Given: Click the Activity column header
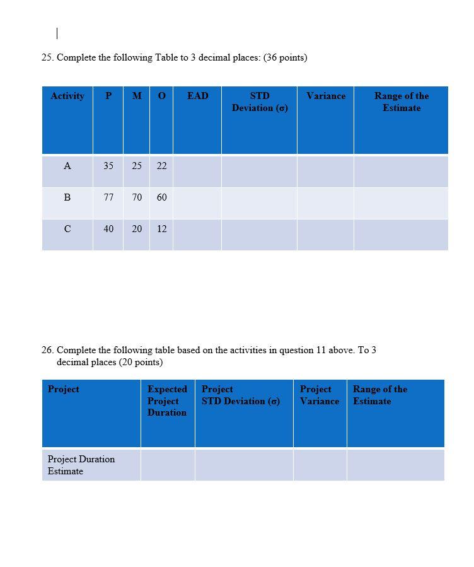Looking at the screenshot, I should click(x=67, y=96).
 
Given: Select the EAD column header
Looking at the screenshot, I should click(x=197, y=96).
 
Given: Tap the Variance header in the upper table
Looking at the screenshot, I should click(x=326, y=96).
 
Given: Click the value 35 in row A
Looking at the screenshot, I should click(x=108, y=166).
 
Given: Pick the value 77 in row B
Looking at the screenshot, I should click(x=108, y=197).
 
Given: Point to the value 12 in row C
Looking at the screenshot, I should click(x=162, y=229).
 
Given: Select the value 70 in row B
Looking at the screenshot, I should click(x=137, y=197).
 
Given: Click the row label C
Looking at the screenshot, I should click(x=67, y=229).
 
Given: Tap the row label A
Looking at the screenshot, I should click(x=67, y=166).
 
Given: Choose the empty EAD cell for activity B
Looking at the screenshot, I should click(x=197, y=203).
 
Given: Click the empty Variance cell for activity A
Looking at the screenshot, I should click(x=325, y=172).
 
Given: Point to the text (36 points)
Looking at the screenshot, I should click(x=285, y=58).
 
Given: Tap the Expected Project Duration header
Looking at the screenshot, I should click(x=167, y=400).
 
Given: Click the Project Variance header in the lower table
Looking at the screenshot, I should click(x=319, y=395).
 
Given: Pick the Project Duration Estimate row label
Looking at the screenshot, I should click(x=81, y=465).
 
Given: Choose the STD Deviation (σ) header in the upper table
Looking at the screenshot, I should click(x=260, y=102).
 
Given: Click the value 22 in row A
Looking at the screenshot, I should click(x=162, y=166).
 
